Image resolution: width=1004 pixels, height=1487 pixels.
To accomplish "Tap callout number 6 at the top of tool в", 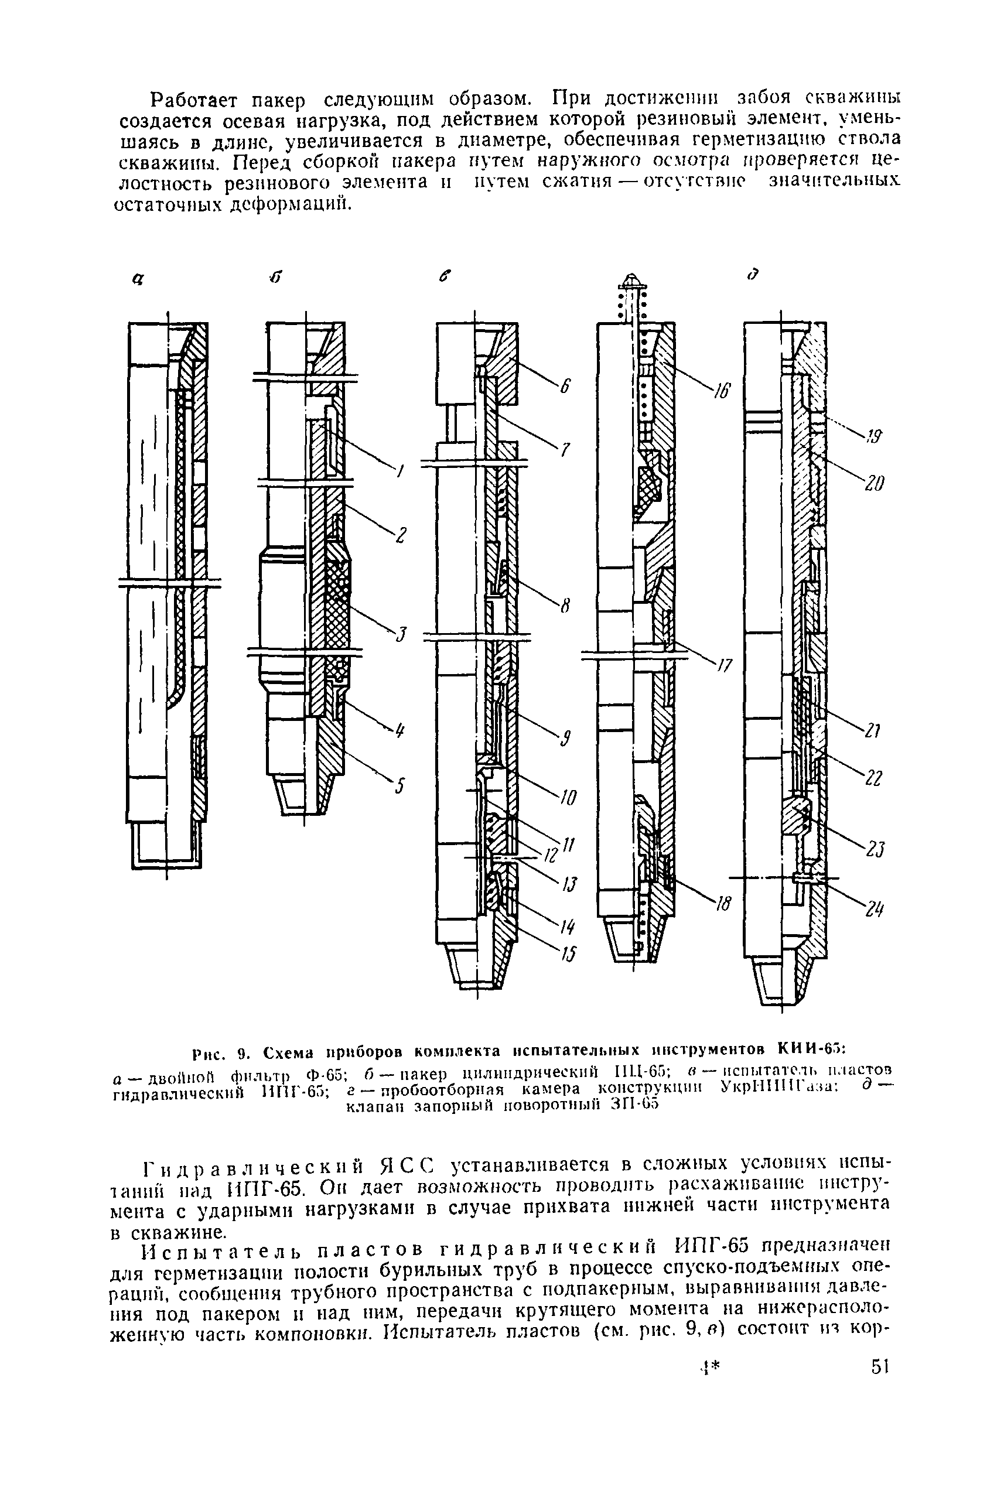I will pos(565,387).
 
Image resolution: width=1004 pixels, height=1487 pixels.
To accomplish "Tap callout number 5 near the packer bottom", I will pos(399,787).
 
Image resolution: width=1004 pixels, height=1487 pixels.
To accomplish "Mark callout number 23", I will pos(875,849).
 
